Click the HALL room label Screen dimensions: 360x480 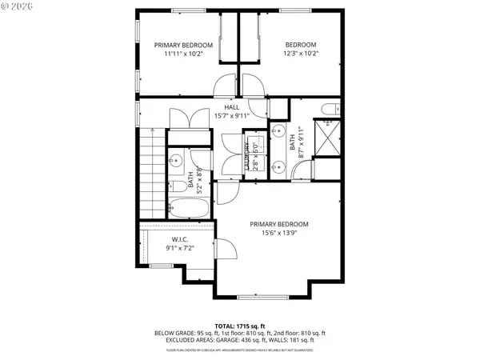[x=232, y=106]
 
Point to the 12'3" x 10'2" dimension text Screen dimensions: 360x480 [x=301, y=54]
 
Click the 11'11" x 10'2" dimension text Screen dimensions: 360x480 [x=183, y=54]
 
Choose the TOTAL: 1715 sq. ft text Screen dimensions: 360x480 [x=240, y=326]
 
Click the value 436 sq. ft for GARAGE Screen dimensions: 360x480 [x=271, y=340]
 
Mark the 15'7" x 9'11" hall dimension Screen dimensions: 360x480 [x=232, y=115]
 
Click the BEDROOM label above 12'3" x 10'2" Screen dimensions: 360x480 [x=301, y=45]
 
